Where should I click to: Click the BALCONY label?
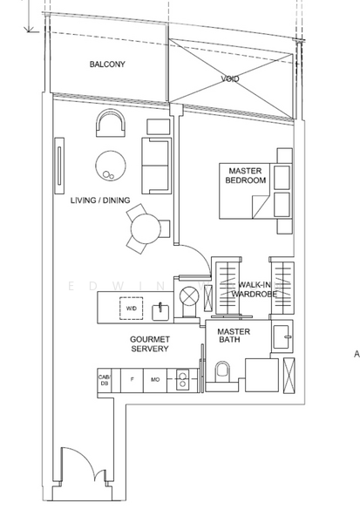point(107,64)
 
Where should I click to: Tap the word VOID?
point(230,78)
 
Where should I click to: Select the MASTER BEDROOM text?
point(246,175)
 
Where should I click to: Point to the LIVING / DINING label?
point(100,200)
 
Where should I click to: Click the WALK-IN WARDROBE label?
point(255,289)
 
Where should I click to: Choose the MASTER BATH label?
point(234,336)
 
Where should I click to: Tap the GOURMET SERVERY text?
point(150,344)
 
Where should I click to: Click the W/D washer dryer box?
point(131,309)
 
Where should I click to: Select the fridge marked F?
point(132,380)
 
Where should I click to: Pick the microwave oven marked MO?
point(155,380)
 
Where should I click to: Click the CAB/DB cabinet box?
point(105,380)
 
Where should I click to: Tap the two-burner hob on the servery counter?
point(182,380)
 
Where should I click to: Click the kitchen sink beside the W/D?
point(160,312)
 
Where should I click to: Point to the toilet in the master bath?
point(222,371)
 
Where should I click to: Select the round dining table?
point(146,228)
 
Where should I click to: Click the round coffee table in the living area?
point(111,166)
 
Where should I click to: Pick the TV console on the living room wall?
point(60,166)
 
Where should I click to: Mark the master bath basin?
point(282,336)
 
